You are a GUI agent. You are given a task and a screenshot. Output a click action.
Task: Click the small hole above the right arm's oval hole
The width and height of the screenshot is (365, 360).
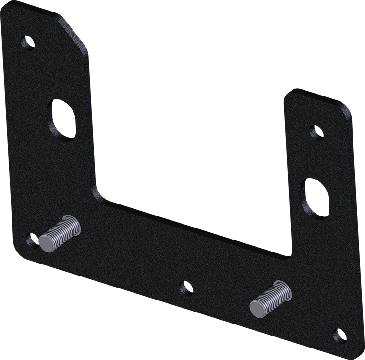click(315, 132)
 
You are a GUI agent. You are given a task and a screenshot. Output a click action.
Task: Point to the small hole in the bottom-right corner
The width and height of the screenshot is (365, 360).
click(339, 333)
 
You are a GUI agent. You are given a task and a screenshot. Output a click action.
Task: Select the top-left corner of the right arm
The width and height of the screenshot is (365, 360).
click(287, 91)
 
